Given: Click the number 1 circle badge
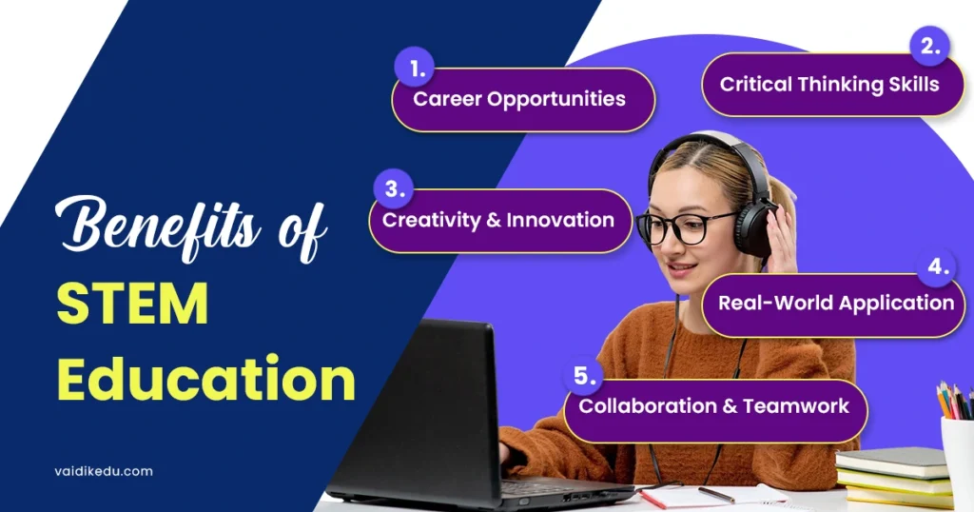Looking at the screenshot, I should [x=414, y=68].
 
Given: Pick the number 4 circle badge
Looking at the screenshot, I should [x=937, y=267].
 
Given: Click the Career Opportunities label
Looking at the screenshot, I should [x=519, y=99].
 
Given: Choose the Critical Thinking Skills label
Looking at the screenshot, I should [x=829, y=84].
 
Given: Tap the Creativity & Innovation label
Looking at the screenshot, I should [x=498, y=220].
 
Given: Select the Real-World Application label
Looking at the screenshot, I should [x=835, y=303].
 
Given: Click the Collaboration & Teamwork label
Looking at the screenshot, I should [x=713, y=405].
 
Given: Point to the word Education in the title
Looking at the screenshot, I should [x=205, y=379].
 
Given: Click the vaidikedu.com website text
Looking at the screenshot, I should [x=104, y=470].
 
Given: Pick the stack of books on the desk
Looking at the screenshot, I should [x=893, y=476].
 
